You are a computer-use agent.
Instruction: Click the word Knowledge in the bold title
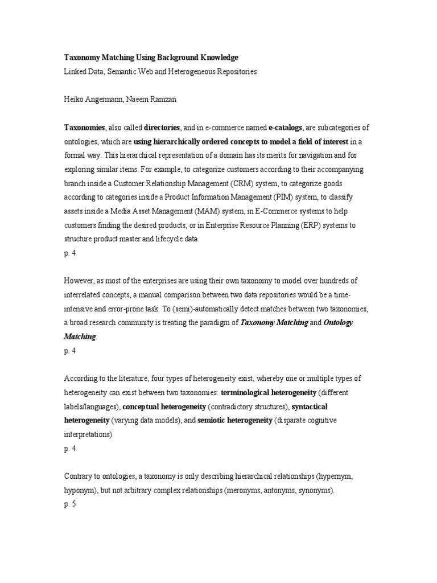[x=217, y=58]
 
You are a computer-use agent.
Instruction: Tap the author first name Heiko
[x=73, y=99]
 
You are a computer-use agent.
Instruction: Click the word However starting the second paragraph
[x=79, y=281]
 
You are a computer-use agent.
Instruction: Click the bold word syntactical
[x=310, y=407]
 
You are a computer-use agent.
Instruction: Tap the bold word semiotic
[x=211, y=421]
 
